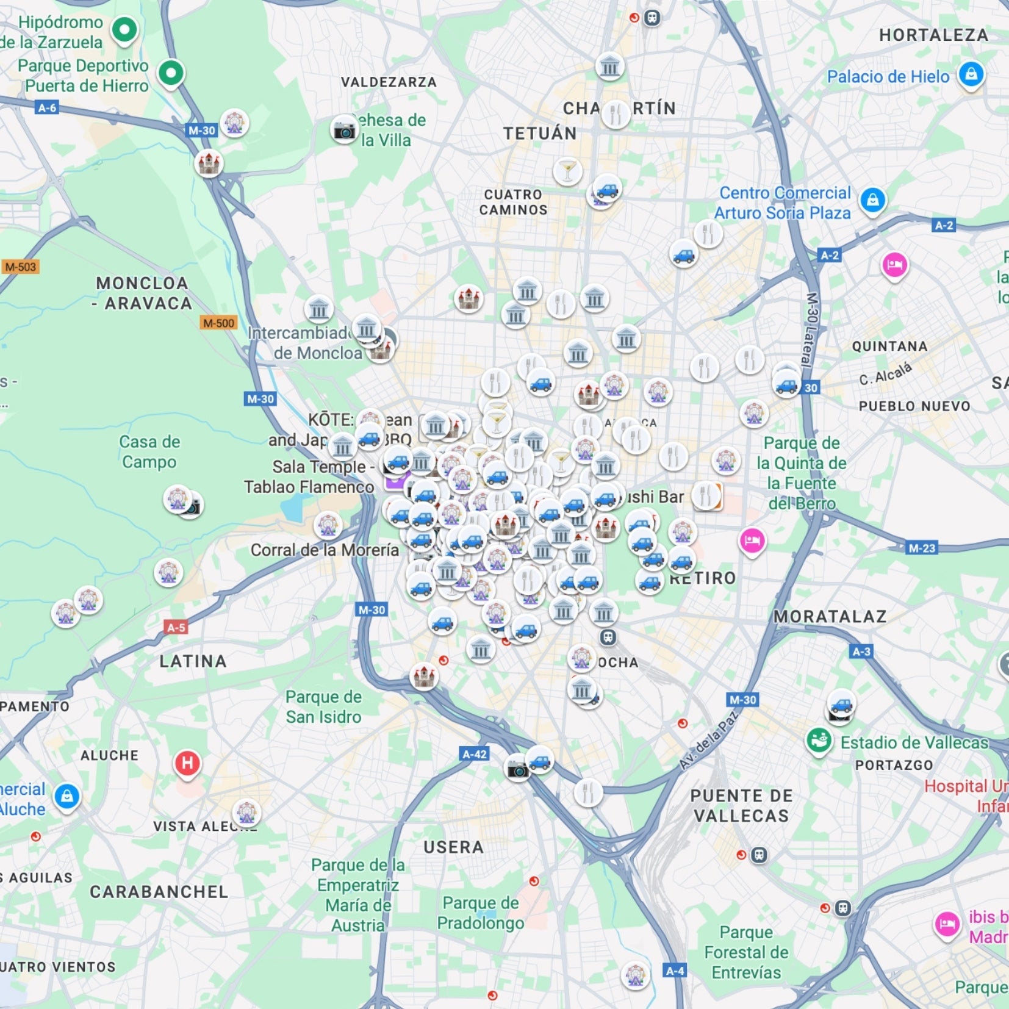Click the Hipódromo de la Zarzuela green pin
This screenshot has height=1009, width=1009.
(x=124, y=29)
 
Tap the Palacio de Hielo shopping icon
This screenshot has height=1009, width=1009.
(x=971, y=74)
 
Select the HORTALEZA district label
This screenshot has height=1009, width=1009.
(x=933, y=35)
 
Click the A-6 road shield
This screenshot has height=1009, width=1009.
(x=47, y=108)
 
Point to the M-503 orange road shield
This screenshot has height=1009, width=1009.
(x=20, y=267)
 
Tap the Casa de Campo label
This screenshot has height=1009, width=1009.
(x=149, y=451)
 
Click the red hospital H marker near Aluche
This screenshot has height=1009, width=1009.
(x=187, y=763)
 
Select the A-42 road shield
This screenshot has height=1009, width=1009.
(x=474, y=754)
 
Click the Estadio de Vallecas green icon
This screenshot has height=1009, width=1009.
(x=819, y=741)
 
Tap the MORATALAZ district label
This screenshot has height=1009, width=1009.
(x=830, y=617)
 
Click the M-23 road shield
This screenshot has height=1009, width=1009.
(x=921, y=548)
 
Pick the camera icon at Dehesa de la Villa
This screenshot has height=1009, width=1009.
(x=344, y=130)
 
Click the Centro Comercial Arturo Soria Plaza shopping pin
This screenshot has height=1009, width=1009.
(x=872, y=199)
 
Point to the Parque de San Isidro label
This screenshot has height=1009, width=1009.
(x=323, y=706)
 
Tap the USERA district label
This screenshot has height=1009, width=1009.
(x=453, y=847)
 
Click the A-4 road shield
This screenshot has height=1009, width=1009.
(x=675, y=971)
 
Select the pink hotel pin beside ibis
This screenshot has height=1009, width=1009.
(x=947, y=924)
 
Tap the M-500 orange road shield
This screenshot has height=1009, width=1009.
(x=218, y=323)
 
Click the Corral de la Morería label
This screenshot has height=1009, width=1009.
(x=325, y=550)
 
